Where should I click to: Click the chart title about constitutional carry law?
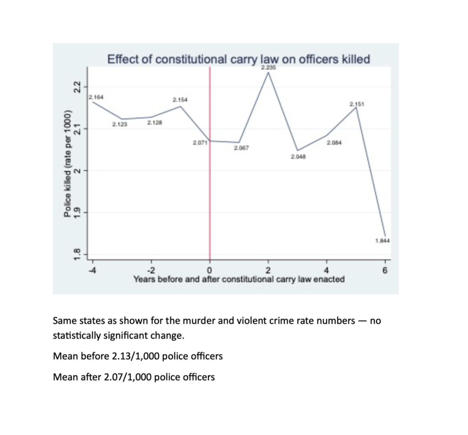point(238,59)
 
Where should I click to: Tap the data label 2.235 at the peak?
point(268,68)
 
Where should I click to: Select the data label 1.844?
point(383,241)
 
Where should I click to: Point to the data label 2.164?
point(96,97)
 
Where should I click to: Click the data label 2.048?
point(298,157)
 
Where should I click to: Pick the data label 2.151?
point(356,105)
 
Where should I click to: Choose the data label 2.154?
point(180,100)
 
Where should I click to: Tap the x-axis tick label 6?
point(385,270)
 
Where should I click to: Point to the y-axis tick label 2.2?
point(78,86)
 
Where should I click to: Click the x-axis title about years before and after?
point(239,279)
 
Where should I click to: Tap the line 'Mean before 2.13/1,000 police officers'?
point(138,356)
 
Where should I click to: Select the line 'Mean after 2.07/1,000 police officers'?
point(134,377)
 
